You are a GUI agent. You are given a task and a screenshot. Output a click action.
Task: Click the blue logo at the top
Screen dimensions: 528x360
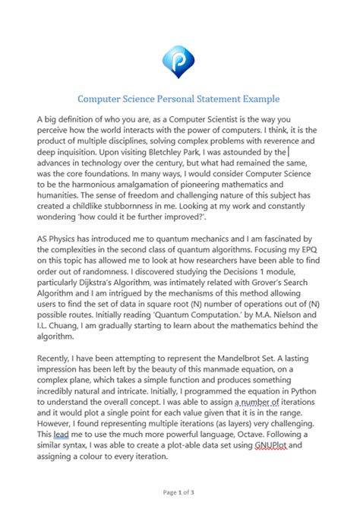(x=179, y=57)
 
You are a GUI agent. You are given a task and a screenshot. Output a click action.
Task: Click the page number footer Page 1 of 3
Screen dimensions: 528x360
(x=179, y=513)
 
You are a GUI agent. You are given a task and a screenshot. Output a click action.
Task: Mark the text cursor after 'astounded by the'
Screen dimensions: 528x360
(x=289, y=153)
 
